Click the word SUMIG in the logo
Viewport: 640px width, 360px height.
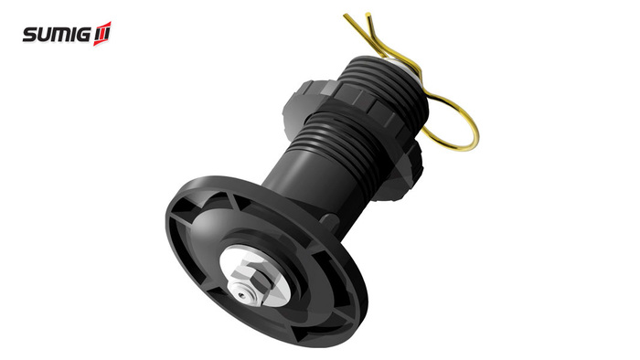(57, 35)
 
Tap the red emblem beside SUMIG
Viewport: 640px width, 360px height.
(102, 34)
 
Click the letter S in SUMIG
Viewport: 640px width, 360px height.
(29, 35)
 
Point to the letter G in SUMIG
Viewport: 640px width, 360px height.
(81, 35)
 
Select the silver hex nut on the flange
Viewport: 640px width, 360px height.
(248, 281)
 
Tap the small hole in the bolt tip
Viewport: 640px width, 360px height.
(242, 295)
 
